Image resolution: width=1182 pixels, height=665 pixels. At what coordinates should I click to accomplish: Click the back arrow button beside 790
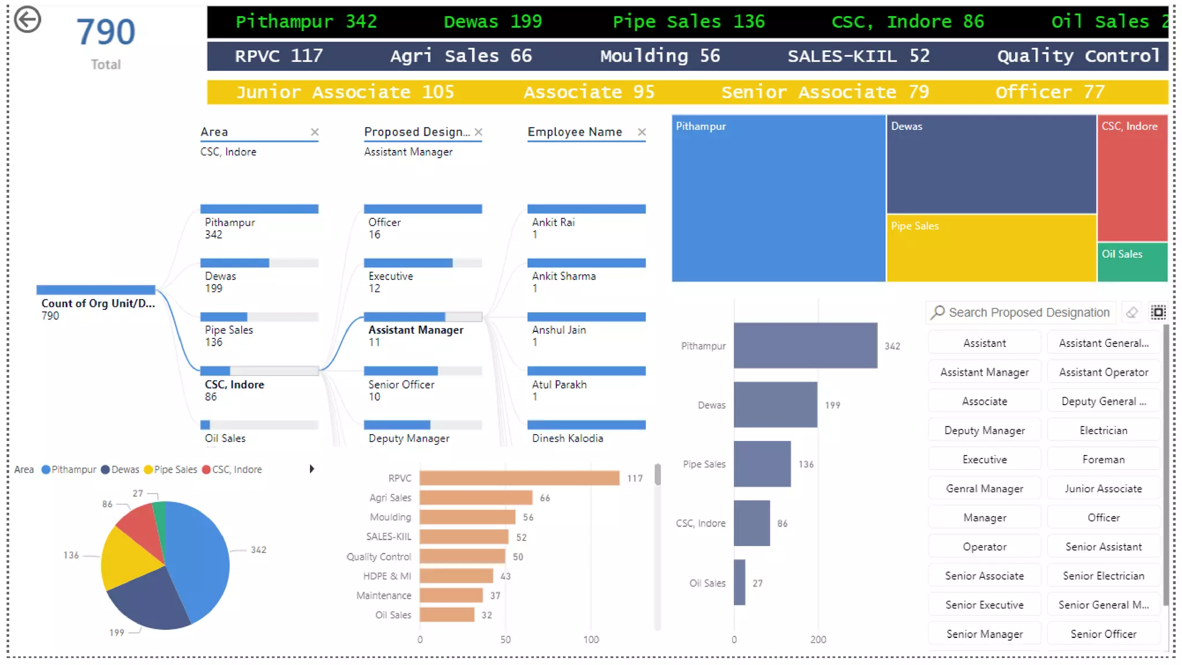click(x=27, y=20)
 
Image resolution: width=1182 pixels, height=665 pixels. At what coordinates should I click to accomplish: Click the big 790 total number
click(x=106, y=32)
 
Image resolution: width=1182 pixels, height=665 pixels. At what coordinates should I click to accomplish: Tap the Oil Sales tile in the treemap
click(x=1132, y=263)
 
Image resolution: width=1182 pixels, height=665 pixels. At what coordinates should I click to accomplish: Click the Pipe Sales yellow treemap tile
click(x=990, y=248)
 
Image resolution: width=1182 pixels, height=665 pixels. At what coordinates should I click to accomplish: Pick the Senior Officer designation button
click(x=1103, y=634)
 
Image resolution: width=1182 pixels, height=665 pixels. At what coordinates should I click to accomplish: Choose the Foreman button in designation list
click(x=1103, y=459)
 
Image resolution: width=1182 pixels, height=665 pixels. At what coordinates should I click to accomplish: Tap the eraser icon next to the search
click(x=1132, y=312)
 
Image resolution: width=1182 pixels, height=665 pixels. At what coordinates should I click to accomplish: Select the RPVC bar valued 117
click(x=519, y=478)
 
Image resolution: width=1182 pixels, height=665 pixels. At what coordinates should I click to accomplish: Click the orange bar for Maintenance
click(x=451, y=595)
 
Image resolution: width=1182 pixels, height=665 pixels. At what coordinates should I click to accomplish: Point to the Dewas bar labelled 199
click(x=775, y=405)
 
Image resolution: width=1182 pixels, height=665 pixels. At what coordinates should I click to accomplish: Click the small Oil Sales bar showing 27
click(x=739, y=582)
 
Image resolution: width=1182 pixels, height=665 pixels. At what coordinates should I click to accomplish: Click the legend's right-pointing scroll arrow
click(x=312, y=469)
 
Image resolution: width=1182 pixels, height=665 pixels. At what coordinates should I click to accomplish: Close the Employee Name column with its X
click(x=641, y=132)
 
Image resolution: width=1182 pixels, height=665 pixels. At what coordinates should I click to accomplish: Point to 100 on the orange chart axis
click(x=590, y=640)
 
